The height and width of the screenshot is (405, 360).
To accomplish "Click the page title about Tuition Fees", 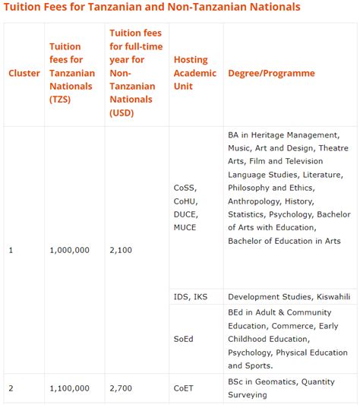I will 153,7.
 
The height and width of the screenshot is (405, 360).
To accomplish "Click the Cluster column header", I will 24,73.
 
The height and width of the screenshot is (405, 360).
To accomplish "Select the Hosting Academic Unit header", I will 191,73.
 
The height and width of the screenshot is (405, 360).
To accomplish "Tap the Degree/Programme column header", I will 271,73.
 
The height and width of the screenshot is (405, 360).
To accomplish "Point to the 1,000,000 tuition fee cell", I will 69,249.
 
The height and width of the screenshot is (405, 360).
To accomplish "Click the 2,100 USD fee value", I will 121,249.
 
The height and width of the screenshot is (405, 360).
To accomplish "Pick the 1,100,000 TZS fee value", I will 69,388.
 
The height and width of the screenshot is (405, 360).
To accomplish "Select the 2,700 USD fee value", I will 121,388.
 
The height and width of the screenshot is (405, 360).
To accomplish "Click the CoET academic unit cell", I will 184,388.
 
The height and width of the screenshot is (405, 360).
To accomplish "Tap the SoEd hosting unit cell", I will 184,339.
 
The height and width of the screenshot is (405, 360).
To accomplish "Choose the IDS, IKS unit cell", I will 190,296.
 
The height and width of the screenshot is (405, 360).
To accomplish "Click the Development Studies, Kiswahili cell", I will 289,296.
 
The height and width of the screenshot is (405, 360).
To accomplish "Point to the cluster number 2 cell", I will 11,388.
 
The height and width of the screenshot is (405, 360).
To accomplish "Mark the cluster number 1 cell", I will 11,249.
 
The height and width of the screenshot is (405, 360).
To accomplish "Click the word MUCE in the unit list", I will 185,227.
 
